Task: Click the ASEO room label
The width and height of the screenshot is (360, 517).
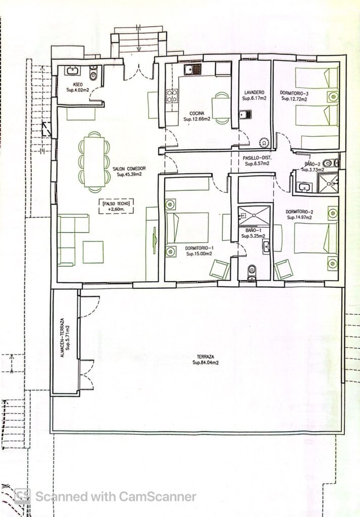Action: tap(77, 85)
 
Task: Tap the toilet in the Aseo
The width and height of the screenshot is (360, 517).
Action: tap(93, 74)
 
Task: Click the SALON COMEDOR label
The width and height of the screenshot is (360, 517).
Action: tap(129, 169)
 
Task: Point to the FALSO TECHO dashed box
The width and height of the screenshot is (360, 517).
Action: tap(116, 206)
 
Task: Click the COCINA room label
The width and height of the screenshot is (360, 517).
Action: tap(197, 114)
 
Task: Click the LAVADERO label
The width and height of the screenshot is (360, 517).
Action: tap(254, 93)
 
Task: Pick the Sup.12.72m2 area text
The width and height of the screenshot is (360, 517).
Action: tap(294, 98)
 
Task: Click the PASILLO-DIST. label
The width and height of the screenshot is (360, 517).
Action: tap(257, 158)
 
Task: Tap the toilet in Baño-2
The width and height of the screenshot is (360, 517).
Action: tap(330, 163)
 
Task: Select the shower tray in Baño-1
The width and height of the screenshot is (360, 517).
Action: tap(254, 216)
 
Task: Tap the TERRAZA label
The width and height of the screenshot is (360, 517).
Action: tap(205, 357)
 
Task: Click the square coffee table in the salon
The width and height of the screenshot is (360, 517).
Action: tap(93, 252)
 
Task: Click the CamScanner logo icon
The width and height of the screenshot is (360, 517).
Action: tap(22, 496)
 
